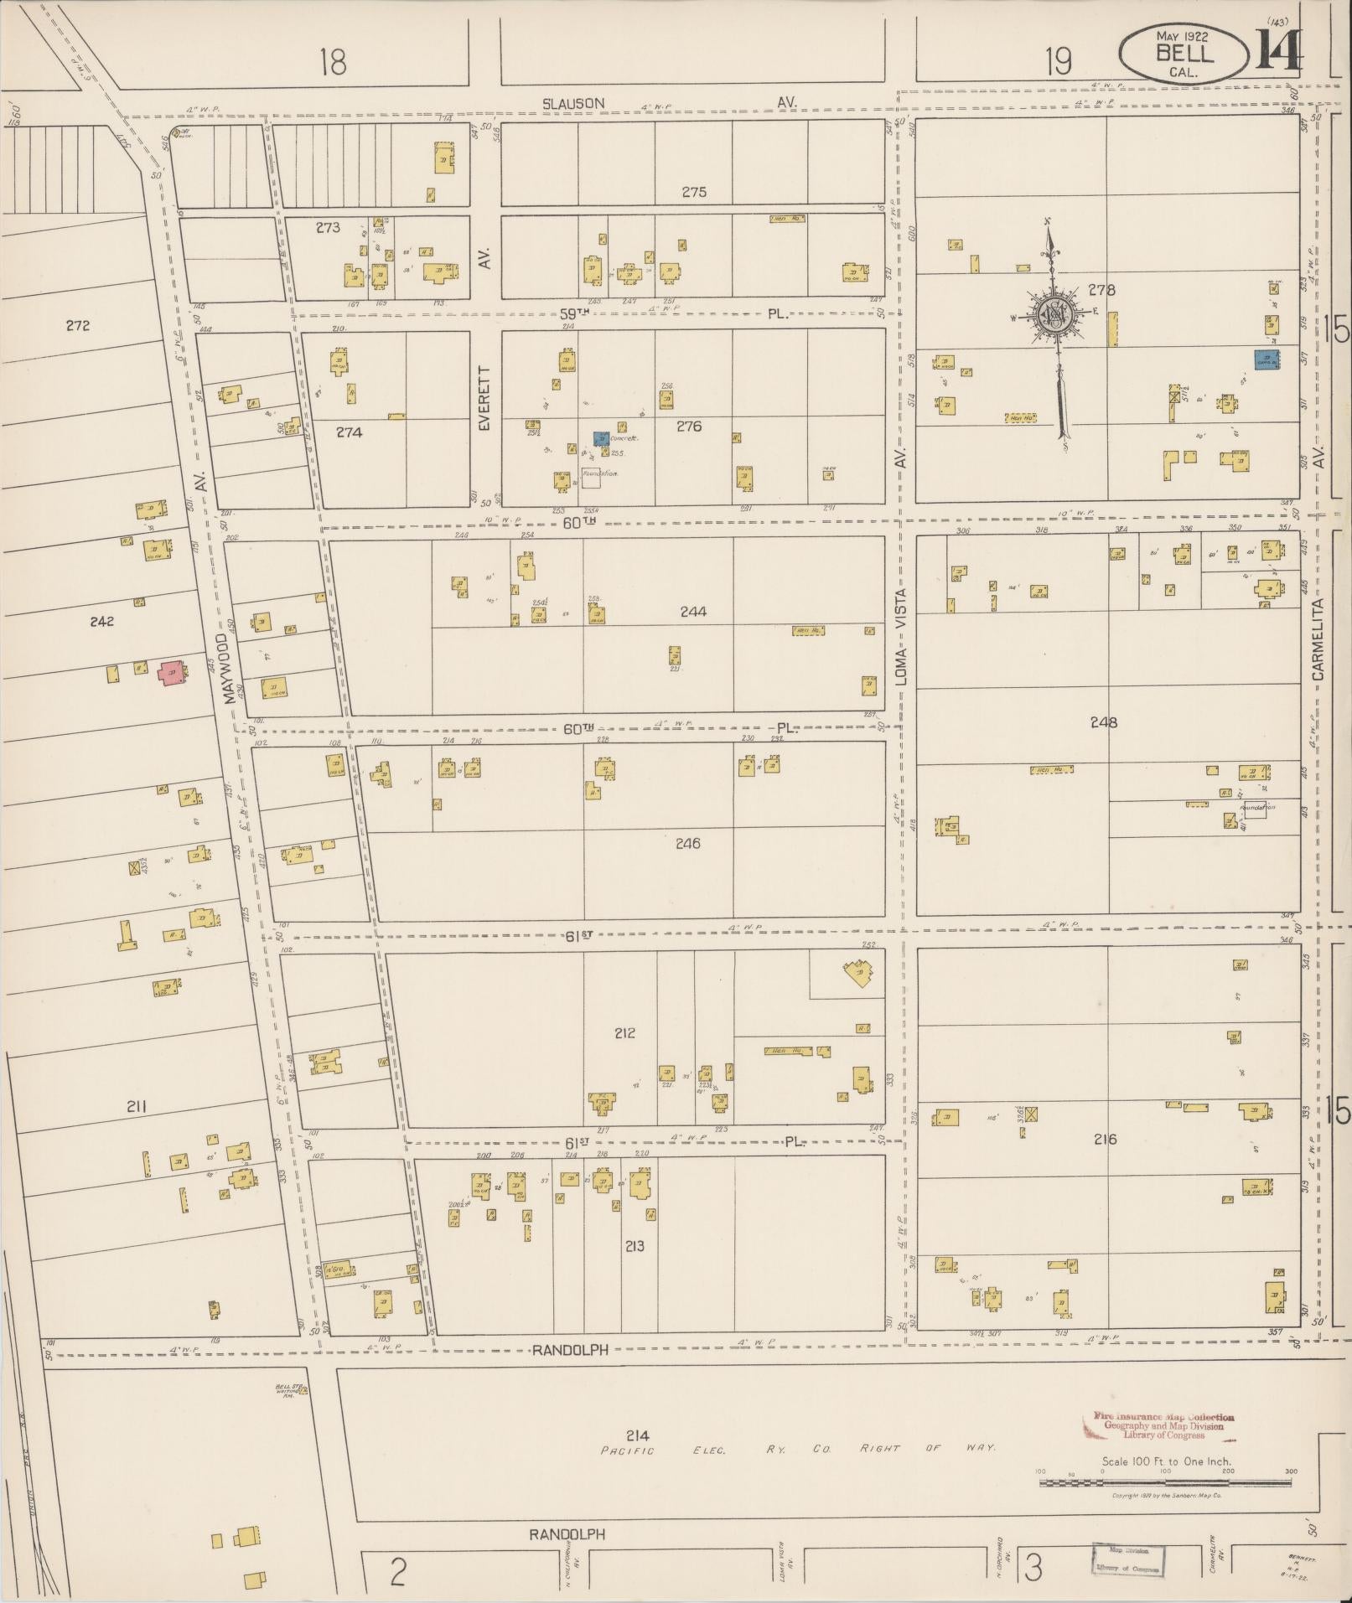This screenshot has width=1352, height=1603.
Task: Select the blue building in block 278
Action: tap(1266, 359)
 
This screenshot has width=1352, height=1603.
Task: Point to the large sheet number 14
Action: tap(1279, 52)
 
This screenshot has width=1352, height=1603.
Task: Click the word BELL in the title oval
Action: tap(1184, 54)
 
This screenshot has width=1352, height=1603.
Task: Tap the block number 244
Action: tap(693, 612)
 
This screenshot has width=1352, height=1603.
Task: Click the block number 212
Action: tap(624, 1033)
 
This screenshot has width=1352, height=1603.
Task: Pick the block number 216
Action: tap(1106, 1139)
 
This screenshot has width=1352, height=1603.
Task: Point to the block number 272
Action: tap(77, 326)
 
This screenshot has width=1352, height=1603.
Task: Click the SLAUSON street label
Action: tap(572, 103)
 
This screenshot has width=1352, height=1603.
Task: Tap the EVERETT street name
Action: tap(484, 398)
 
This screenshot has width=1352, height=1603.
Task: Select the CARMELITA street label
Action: tap(1318, 639)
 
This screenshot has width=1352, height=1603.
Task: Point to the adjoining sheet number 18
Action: tap(333, 62)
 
